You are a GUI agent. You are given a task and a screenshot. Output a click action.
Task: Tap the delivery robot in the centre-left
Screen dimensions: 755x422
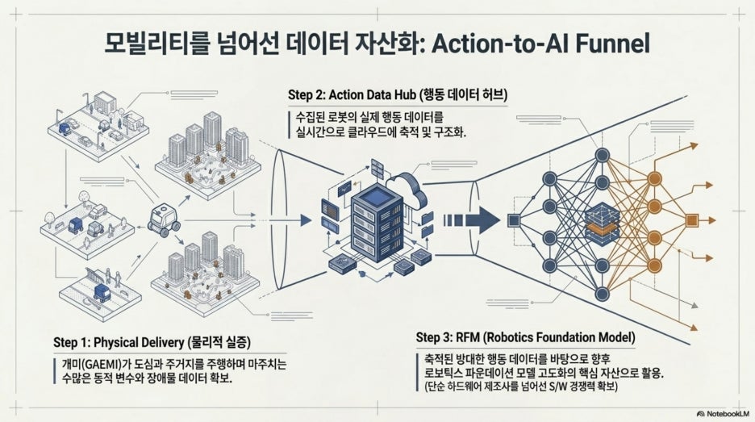163,219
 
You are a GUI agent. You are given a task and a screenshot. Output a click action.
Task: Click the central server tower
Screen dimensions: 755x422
377,224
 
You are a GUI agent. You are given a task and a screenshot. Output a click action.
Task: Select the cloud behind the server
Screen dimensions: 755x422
407,189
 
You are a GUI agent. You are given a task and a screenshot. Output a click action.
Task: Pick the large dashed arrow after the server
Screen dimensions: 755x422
471,220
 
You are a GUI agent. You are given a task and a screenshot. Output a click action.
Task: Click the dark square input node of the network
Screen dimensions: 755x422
514,220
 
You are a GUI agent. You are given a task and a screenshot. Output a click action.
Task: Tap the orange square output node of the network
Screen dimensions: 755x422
691,220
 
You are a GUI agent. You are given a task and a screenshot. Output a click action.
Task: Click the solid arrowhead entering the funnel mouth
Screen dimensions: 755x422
306,220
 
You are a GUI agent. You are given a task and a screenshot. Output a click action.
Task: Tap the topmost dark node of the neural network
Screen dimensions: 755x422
602,155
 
